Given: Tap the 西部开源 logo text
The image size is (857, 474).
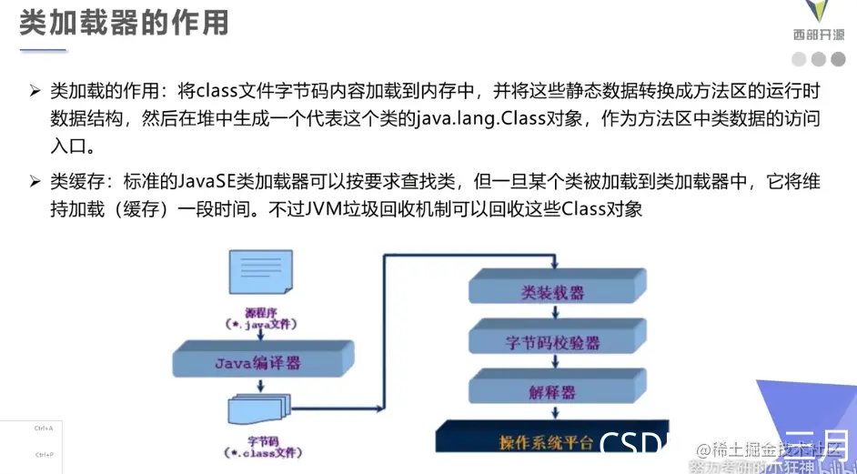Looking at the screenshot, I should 818,35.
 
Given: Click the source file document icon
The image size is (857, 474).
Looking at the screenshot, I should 264,275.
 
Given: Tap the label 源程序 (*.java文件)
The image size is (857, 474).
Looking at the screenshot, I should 262,318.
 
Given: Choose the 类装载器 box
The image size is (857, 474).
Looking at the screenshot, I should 553,292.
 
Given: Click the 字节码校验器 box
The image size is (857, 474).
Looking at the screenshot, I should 553,342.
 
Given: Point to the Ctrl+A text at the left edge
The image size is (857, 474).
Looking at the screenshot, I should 44,428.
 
